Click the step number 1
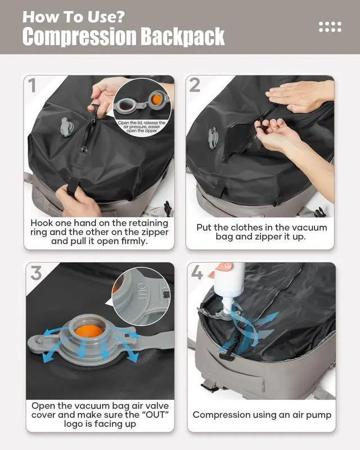pyautogui.click(x=33, y=85)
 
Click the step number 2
pyautogui.click(x=195, y=85)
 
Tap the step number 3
pyautogui.click(x=35, y=273)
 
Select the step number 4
pyautogui.click(x=197, y=273)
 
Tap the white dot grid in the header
pyautogui.click(x=330, y=26)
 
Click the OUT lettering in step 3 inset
pyautogui.click(x=141, y=292)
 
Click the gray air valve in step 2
pyautogui.click(x=213, y=137)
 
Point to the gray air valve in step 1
pyautogui.click(x=66, y=127)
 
